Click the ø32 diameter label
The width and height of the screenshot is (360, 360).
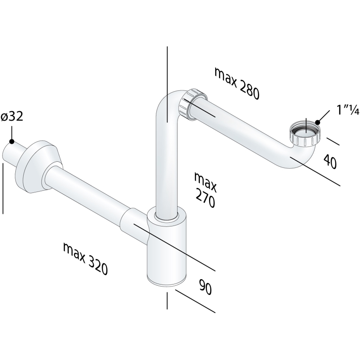[12, 117]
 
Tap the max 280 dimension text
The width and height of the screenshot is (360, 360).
[237, 83]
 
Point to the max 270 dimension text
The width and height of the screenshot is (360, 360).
[205, 190]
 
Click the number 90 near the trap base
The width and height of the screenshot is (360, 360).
[205, 287]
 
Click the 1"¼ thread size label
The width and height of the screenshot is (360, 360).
[336, 111]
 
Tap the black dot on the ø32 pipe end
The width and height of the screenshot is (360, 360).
[12, 141]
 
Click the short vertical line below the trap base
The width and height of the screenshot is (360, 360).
[167, 301]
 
